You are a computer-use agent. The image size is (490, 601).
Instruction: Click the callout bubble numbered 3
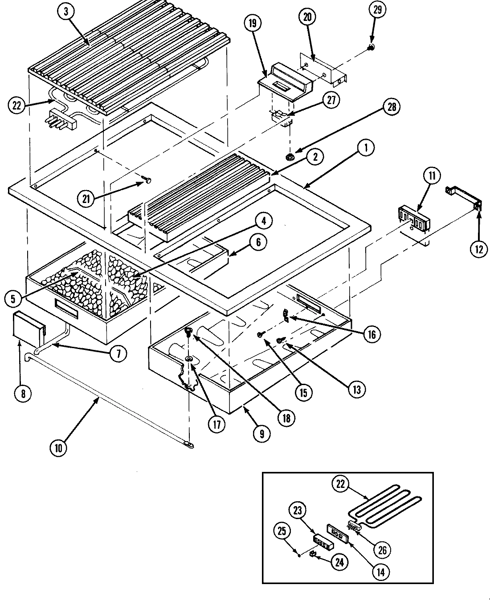point(66,12)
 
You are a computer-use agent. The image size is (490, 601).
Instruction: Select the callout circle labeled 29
point(377,10)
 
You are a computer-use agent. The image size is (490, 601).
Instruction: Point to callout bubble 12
point(479,250)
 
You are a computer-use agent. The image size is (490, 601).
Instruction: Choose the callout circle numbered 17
point(216,425)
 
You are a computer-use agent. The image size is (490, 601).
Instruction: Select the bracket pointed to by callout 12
point(463,198)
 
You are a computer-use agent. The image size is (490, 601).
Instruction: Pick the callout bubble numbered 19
point(253,24)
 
